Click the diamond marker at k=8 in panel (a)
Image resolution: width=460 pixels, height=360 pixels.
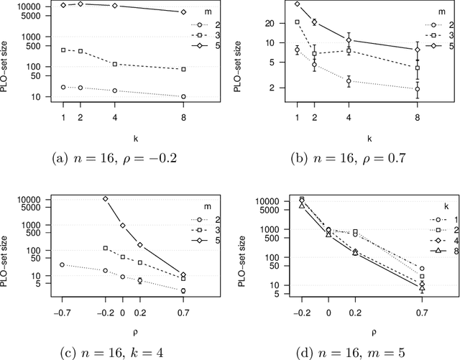click(183, 12)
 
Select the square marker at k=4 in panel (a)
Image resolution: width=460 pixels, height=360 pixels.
click(116, 64)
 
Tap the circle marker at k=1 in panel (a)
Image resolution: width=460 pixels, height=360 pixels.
click(63, 87)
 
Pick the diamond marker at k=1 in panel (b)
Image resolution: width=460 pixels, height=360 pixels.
click(298, 4)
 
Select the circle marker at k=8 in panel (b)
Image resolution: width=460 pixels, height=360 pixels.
click(418, 89)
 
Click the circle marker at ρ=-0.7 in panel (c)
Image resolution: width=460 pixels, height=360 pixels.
click(62, 264)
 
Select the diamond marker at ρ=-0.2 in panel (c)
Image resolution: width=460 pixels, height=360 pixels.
click(105, 199)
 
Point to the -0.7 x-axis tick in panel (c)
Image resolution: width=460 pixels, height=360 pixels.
click(62, 313)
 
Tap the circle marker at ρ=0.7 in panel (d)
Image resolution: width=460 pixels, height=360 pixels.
click(422, 269)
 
